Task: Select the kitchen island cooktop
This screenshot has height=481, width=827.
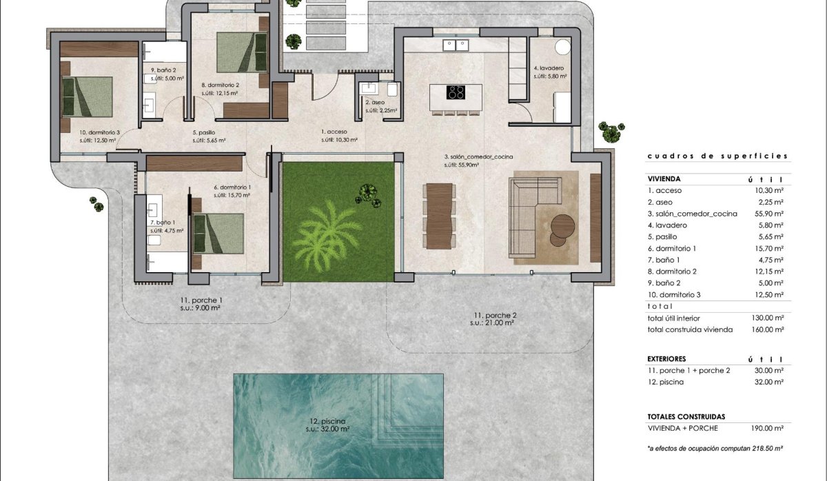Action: coord(456,92)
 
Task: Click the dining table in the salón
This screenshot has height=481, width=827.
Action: coord(438,216)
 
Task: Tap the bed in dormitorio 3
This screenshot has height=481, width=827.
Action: coord(87,96)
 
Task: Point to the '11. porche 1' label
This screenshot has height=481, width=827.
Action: coord(201,301)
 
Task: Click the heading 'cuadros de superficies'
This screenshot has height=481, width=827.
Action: coord(717,156)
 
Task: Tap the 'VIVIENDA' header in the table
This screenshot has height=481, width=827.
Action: coord(663,178)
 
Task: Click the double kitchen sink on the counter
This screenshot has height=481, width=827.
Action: coord(456,45)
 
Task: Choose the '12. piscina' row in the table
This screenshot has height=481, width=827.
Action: coord(666,382)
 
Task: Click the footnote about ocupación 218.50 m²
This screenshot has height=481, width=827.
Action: coord(716,449)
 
